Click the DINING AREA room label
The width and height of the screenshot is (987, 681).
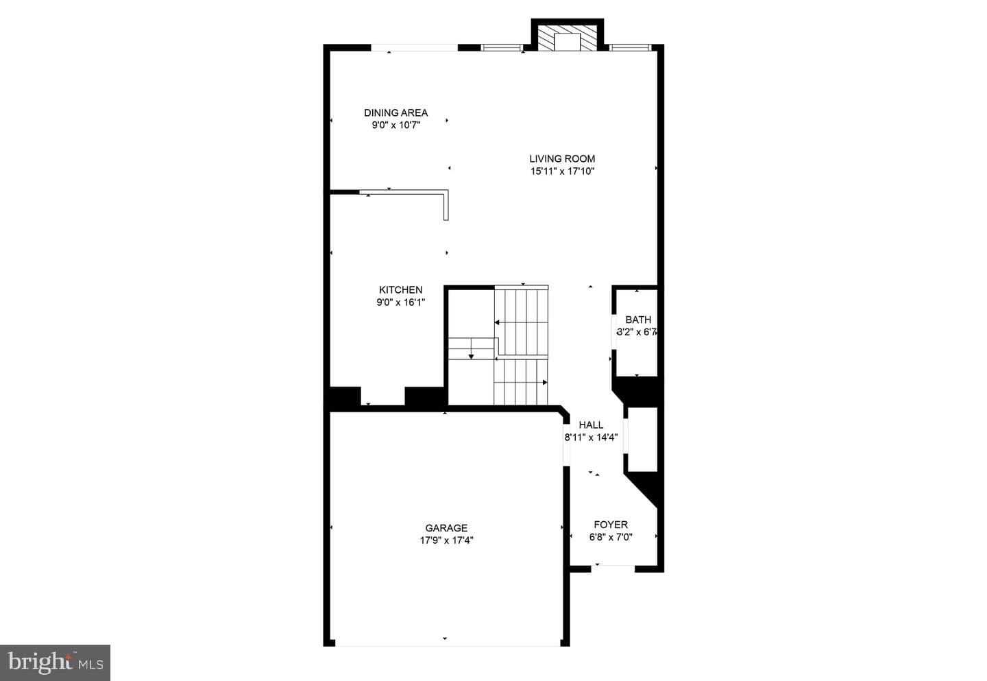tap(395, 113)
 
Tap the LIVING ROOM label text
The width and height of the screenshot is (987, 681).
tap(562, 158)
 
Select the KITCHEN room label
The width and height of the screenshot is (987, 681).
tap(400, 289)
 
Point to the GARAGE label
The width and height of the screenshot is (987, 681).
tap(446, 527)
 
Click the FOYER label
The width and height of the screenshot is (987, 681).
tap(611, 525)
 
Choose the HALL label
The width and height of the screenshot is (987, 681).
tap(591, 425)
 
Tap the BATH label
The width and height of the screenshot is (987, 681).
tap(639, 320)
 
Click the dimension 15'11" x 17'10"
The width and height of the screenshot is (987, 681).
tap(562, 171)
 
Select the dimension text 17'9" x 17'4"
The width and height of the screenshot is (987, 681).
tap(446, 540)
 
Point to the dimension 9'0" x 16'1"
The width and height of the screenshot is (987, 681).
tap(400, 302)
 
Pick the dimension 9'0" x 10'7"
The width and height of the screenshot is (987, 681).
tap(395, 126)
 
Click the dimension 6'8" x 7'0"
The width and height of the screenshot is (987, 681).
tap(611, 537)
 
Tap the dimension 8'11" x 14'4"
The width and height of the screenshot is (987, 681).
tap(591, 438)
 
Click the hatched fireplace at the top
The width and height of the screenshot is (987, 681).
tap(567, 37)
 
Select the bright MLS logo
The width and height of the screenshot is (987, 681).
tap(55, 662)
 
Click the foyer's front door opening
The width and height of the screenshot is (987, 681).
tap(613, 569)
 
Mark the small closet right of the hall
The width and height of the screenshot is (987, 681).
tap(642, 440)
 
